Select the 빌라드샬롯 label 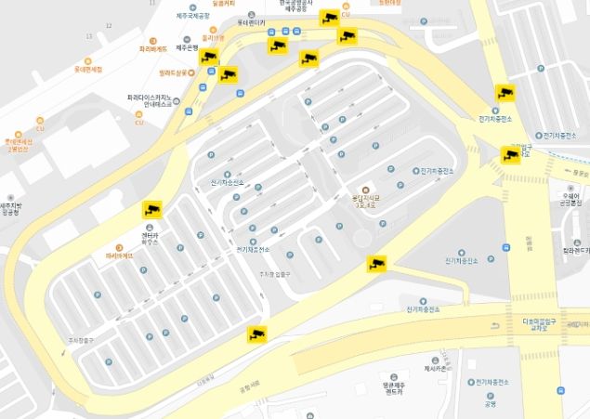[x=174, y=72]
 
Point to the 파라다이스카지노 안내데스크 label [x=150, y=100]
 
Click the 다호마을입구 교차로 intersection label [x=542, y=324]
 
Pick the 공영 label [x=490, y=403]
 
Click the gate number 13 [x=89, y=36]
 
